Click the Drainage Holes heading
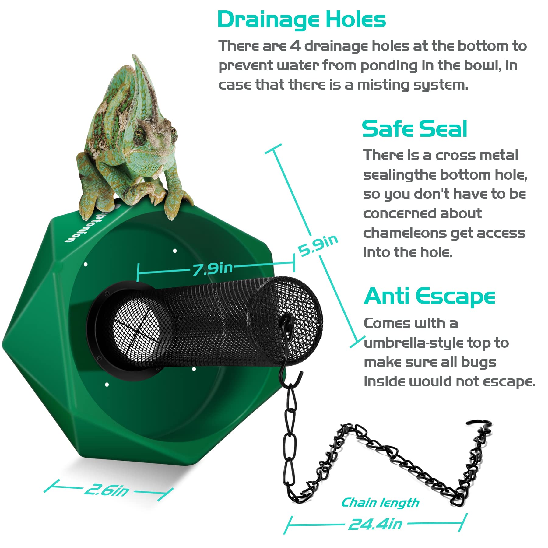[x=301, y=20]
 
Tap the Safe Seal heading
[x=414, y=129]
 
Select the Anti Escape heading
[x=429, y=296]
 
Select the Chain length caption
[x=380, y=503]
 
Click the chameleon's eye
[x=140, y=133]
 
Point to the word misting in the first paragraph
[x=383, y=85]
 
